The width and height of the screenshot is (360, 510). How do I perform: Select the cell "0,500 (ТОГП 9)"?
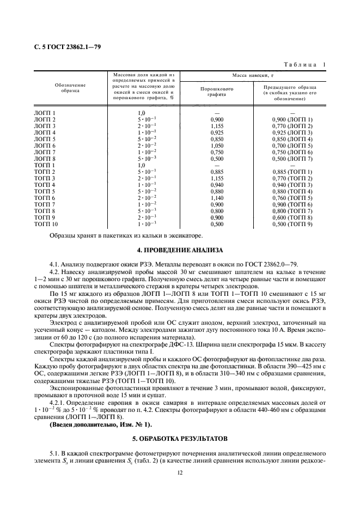click(292, 224)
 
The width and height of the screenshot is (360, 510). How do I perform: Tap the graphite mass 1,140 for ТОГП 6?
click(216, 198)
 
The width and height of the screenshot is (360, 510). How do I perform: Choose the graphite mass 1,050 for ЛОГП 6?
click(216, 145)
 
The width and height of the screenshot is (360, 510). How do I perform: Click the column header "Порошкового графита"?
click(216, 90)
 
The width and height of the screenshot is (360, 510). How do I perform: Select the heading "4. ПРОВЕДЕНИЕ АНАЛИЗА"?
click(180, 250)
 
